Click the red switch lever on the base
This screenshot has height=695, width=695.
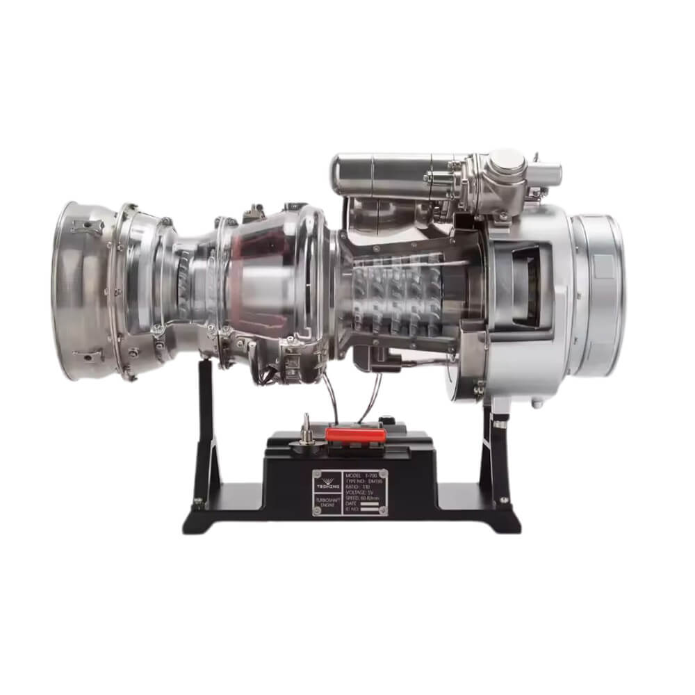click(355, 434)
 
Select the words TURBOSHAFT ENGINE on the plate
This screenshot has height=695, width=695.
click(328, 505)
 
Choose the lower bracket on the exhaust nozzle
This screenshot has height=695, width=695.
click(87, 357)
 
